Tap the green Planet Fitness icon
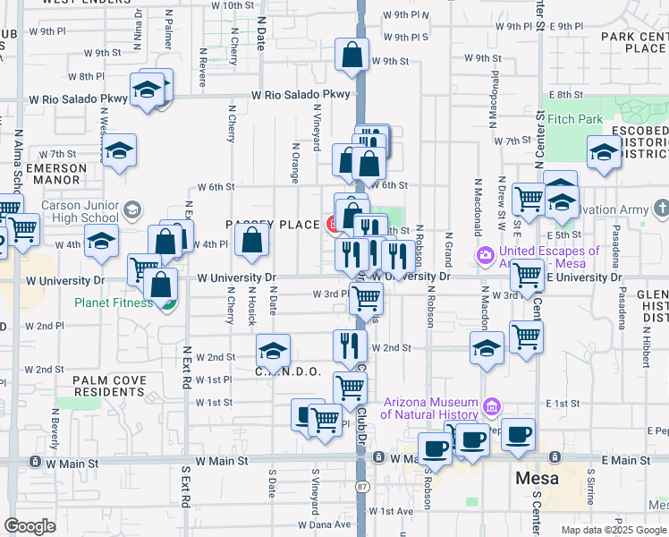[167, 304]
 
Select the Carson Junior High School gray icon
[131, 210]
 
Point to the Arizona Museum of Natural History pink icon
[491, 407]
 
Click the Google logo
[30, 526]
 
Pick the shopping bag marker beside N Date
[252, 241]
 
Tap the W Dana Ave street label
[325, 524]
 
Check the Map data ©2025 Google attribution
[613, 530]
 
